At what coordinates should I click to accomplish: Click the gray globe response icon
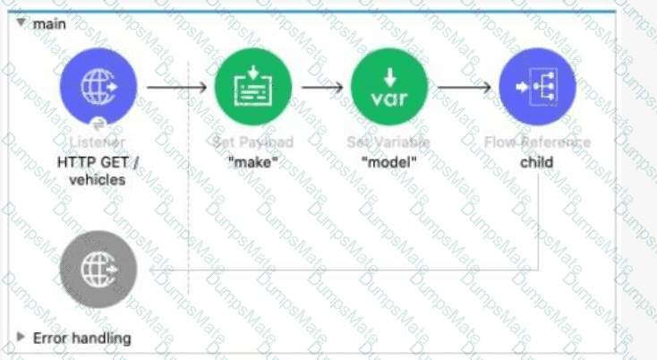pyautogui.click(x=98, y=269)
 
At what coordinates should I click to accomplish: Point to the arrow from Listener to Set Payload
pyautogui.click(x=175, y=88)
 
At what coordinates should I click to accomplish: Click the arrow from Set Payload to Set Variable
pyautogui.click(x=322, y=88)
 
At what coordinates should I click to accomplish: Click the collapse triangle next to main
pyautogui.click(x=21, y=23)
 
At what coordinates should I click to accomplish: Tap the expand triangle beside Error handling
pyautogui.click(x=21, y=338)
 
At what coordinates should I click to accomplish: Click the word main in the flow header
pyautogui.click(x=49, y=23)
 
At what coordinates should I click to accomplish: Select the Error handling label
pyautogui.click(x=81, y=338)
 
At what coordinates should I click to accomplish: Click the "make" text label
pyautogui.click(x=253, y=162)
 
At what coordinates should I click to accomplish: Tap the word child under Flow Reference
pyautogui.click(x=537, y=162)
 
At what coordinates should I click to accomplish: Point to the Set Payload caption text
pyautogui.click(x=253, y=142)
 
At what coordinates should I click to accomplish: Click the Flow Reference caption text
pyautogui.click(x=537, y=142)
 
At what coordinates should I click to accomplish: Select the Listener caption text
pyautogui.click(x=98, y=142)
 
